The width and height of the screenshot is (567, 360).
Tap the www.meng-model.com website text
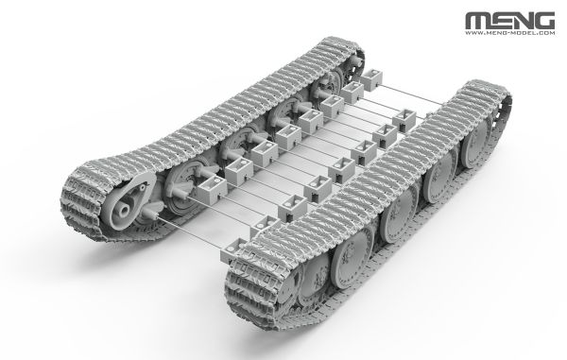pos(510,33)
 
